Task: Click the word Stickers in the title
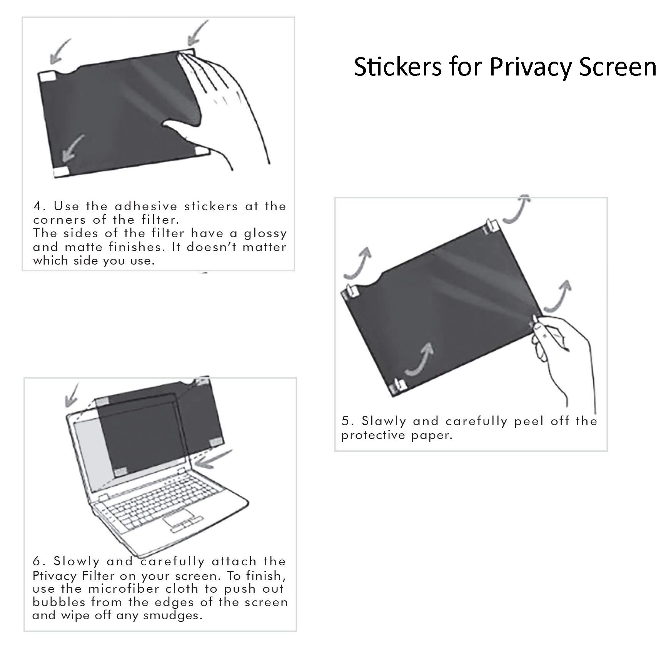pos(397,67)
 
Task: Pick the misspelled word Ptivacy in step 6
pos(57,576)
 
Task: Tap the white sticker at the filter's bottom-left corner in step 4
pos(61,172)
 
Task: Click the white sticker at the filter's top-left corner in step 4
pos(48,76)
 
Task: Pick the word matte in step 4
pos(80,247)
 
